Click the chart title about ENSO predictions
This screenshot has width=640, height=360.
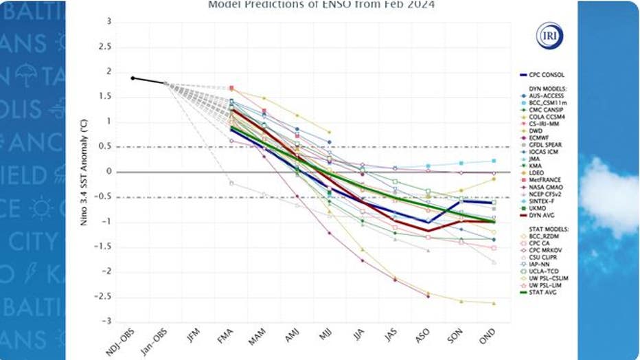pos(321,5)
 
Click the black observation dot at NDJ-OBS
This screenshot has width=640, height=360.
pos(133,78)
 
